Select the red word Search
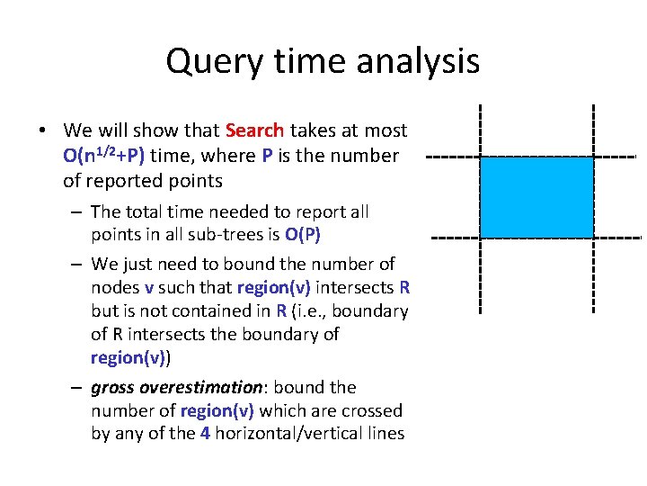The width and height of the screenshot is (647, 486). pos(254,130)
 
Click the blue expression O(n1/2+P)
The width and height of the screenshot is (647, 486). pos(104,155)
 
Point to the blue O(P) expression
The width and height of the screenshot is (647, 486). pos(303,236)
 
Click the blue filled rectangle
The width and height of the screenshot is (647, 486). pos(536,196)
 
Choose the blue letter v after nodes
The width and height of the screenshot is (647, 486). pos(148,288)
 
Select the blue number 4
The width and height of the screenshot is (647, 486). pos(206,434)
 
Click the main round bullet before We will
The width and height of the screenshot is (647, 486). pos(42,130)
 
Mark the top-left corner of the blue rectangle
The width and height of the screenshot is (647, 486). pos(481,157)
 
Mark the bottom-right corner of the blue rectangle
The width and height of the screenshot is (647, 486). pos(593,237)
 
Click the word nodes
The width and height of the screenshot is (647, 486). pos(115,288)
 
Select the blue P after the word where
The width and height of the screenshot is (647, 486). pos(268,155)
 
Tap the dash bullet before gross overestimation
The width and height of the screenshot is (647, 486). pos(78,388)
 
